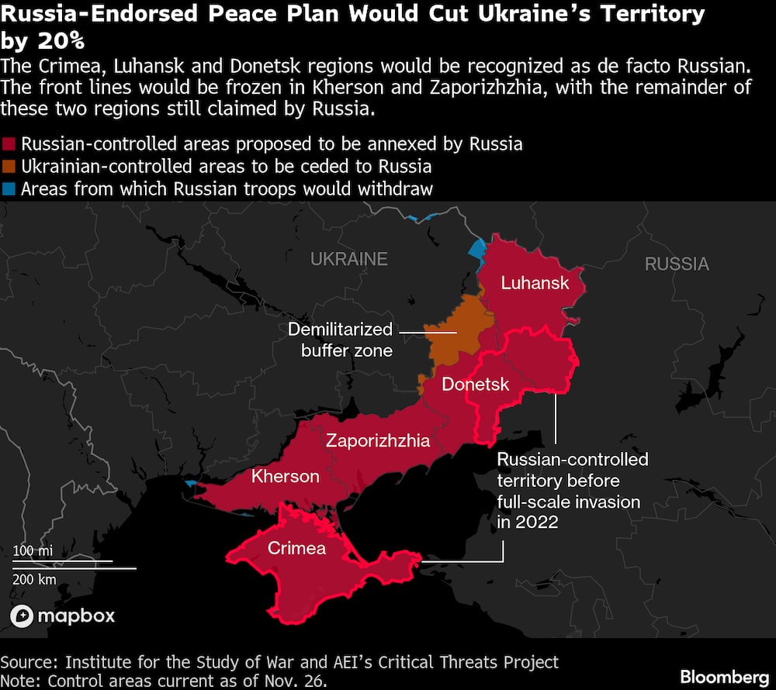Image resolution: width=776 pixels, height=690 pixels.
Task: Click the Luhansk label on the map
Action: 535,283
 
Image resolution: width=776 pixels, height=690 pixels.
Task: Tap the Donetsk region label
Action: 475,385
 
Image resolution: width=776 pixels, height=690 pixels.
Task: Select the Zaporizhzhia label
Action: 377,441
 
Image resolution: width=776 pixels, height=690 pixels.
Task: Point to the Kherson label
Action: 285,476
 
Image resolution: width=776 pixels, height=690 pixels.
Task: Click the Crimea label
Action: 296,549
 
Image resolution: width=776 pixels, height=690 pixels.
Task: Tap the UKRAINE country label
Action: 348,259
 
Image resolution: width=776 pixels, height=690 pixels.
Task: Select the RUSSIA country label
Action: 676,264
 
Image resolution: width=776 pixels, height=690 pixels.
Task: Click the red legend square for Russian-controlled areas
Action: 9,144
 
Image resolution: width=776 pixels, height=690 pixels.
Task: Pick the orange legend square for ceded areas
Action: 9,167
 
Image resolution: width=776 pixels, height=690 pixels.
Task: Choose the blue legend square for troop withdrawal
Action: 9,189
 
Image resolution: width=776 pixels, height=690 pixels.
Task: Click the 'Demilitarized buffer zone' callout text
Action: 340,340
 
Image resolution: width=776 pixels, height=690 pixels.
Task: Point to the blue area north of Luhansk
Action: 476,250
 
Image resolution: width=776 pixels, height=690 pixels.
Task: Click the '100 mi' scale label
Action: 33,551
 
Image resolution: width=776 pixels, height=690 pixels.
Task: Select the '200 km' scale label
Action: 34,579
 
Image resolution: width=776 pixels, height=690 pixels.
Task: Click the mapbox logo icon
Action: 22,616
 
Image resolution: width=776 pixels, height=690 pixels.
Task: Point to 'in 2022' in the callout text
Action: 527,522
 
